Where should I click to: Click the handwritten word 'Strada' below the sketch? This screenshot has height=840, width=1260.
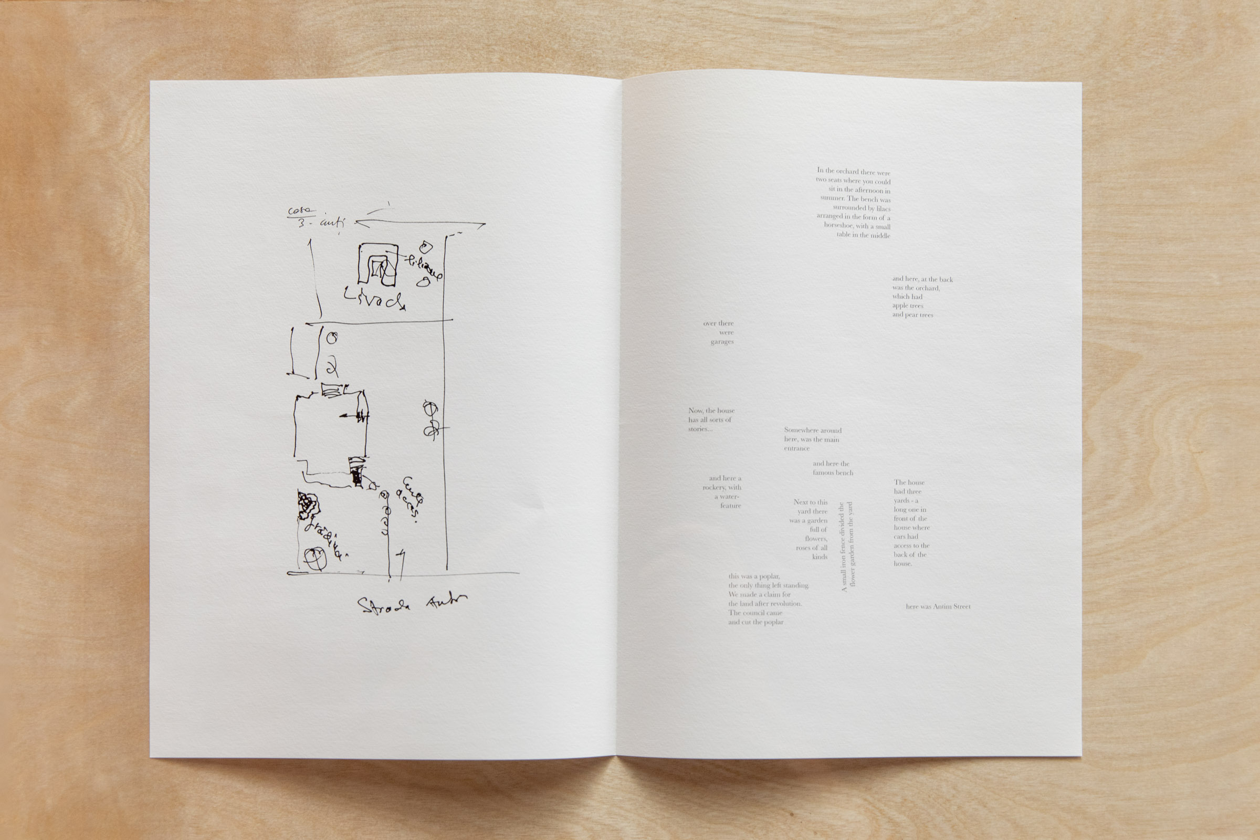click(384, 606)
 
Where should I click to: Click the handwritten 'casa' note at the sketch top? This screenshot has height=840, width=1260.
click(301, 211)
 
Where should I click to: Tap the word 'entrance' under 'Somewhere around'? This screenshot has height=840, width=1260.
click(796, 448)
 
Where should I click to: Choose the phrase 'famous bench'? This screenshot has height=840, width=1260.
click(833, 472)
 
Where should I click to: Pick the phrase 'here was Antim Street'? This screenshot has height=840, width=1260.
click(938, 606)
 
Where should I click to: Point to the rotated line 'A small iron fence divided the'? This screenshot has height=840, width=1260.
click(844, 547)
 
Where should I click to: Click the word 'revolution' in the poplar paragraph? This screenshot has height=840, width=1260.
click(786, 604)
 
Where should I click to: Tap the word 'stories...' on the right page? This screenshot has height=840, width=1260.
click(700, 429)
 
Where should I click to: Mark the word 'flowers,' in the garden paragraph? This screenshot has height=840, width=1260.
click(816, 539)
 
